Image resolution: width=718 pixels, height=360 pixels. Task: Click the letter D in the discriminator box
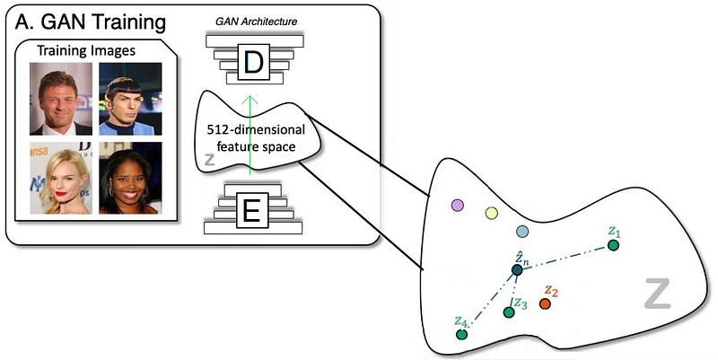252,64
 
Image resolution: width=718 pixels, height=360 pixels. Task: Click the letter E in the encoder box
251,211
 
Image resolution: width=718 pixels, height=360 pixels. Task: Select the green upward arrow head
250,100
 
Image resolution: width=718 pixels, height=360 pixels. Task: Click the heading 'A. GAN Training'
91,22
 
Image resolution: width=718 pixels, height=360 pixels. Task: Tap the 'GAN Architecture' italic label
256,22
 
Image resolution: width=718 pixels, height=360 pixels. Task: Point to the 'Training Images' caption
86,50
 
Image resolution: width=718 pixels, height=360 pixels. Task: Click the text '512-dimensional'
256,130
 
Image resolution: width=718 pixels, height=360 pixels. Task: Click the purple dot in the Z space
458,205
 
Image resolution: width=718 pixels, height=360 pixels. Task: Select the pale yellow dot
491,213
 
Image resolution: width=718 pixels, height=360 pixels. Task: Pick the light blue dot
522,232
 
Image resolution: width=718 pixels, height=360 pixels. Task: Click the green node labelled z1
613,245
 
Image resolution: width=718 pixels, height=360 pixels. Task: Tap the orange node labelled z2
545,303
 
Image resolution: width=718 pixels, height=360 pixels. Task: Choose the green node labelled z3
509,312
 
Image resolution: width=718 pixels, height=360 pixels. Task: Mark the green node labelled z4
461,334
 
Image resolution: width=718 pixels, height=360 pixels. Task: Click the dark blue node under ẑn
517,270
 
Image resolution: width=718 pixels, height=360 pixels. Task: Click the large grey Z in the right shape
658,293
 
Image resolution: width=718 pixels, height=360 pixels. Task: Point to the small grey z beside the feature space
209,160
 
